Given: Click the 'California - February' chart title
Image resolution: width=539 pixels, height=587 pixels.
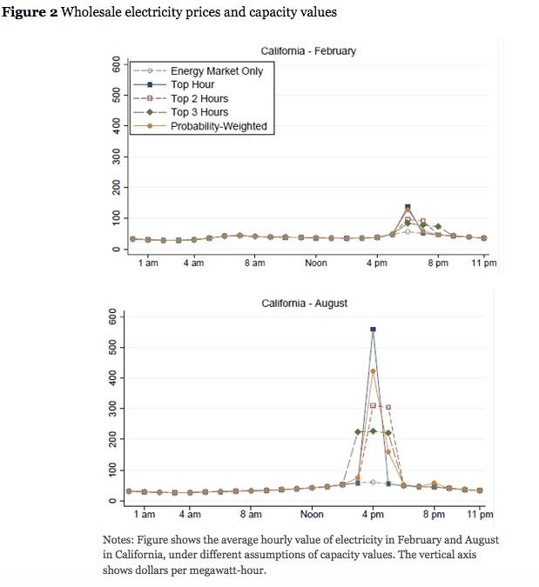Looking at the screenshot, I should coord(308,51).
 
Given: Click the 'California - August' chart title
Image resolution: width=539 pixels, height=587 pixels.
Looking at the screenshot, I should coord(304,304).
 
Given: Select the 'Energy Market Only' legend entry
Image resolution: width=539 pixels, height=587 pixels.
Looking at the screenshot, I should coord(216,71).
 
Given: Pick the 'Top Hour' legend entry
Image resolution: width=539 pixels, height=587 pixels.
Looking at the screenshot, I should coord(192,85).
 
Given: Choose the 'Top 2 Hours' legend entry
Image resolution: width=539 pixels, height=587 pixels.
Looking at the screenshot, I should coord(199,99).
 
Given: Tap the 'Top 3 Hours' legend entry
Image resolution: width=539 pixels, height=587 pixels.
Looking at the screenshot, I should coord(199,113).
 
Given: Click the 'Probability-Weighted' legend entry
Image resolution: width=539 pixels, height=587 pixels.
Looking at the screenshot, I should coord(218,127).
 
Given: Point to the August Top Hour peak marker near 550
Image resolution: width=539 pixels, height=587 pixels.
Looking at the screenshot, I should coord(373,330).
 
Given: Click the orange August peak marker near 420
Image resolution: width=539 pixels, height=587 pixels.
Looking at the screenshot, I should coord(373,371).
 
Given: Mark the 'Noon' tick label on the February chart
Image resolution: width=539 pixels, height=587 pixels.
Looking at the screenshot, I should coord(315,263).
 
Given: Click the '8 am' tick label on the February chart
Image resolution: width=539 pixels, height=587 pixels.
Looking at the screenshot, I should coord(254,263).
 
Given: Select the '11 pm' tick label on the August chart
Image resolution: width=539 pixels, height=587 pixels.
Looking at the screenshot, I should coord(480,515).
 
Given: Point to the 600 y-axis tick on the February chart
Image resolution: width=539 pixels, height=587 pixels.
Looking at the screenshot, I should coord(113,64).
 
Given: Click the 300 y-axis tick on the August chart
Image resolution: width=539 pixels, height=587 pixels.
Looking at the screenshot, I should coord(113,409).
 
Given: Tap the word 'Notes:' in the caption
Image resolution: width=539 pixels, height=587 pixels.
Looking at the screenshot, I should coord(118,540).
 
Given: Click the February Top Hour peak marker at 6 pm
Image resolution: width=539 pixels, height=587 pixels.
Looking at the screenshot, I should coord(408,207).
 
